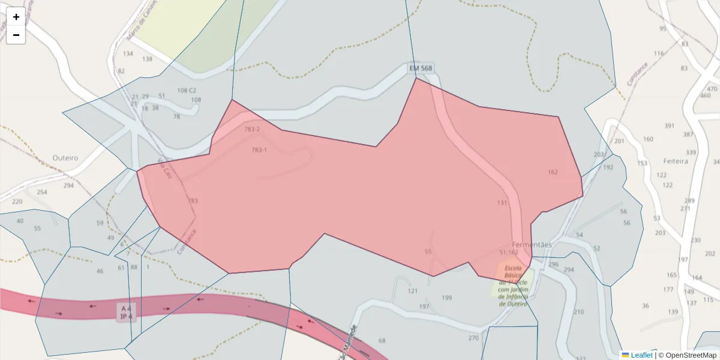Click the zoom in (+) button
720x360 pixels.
coord(16,17)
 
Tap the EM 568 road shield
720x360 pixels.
coord(421,68)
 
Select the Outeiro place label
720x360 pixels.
coord(65,158)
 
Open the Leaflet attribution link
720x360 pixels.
coord(641,355)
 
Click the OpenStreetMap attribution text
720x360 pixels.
coord(688,355)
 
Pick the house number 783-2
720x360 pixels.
coord(252,130)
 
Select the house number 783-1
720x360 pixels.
coord(259,150)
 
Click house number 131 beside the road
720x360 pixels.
coord(502,203)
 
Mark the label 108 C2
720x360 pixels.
coord(187,91)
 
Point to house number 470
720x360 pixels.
coord(712,89)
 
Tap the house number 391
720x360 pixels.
coord(670,126)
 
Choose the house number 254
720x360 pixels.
coord(41,193)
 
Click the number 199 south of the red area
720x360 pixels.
coord(446,298)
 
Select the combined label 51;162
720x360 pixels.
coord(509,253)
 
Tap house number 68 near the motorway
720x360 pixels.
coord(382,341)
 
